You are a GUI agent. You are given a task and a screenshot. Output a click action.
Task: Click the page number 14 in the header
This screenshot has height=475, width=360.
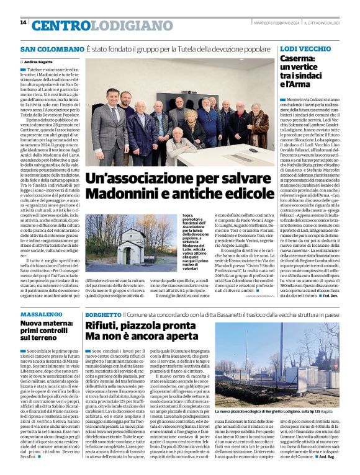pyautogui.click(x=23, y=23)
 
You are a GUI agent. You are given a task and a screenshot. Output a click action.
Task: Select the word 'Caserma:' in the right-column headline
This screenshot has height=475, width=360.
pyautogui.click(x=299, y=59)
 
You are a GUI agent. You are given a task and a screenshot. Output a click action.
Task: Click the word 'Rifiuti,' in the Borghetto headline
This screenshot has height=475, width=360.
pyautogui.click(x=104, y=326)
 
